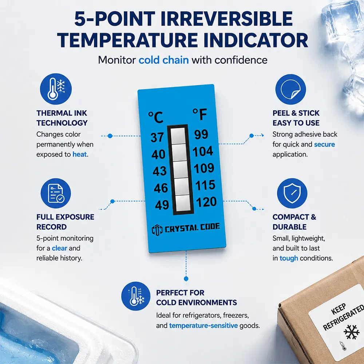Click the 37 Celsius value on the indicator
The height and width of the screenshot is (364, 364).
157,137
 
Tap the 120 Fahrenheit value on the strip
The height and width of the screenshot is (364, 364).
206,202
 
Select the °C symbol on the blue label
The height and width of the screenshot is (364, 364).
156,117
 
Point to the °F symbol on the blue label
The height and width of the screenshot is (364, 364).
199,114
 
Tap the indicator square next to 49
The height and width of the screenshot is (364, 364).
183,203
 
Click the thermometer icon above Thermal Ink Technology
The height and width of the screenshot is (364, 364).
56,89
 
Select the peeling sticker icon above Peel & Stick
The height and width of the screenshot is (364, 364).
290,89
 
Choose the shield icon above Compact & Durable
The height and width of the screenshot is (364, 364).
292,193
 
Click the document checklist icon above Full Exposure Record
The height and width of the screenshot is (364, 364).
56,193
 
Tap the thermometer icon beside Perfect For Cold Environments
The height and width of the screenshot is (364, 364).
136,296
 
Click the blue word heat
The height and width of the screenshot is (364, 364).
80,154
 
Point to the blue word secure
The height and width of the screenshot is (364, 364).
324,145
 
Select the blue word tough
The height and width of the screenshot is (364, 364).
289,258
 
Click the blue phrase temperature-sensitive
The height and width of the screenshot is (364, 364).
203,326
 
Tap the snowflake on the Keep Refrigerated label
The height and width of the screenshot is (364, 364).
351,332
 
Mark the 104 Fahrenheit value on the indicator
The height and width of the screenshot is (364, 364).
203,151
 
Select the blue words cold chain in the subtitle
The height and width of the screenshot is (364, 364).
164,60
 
